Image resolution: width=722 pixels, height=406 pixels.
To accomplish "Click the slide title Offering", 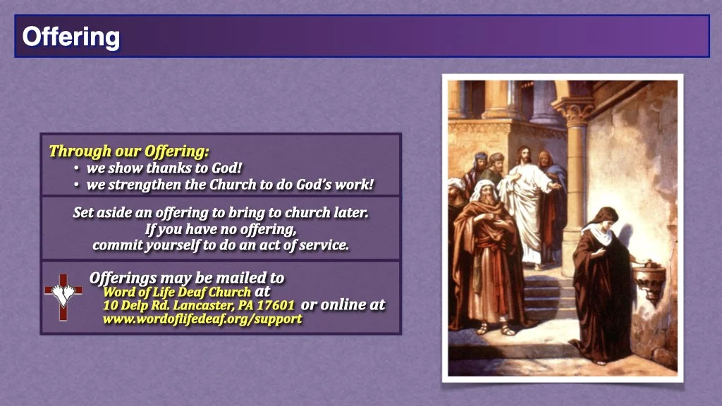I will (71, 37).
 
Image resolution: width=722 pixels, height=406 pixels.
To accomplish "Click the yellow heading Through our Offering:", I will (129, 151).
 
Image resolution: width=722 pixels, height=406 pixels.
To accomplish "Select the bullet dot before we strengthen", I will (76, 185).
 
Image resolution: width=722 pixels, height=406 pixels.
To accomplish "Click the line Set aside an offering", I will (221, 212).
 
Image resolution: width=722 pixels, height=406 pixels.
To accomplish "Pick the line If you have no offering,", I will (221, 229).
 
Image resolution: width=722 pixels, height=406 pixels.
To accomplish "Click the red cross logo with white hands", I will (63, 296).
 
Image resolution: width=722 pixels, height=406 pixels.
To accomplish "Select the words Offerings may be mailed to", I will (187, 278).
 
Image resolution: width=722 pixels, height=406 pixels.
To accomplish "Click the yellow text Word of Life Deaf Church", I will (176, 292).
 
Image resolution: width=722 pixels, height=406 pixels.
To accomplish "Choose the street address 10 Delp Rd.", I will (133, 305).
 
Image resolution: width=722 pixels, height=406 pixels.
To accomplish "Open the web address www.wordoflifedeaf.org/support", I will (202, 319).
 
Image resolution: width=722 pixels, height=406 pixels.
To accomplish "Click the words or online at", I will (343, 304).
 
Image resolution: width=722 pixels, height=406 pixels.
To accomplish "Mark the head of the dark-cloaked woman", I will (605, 219).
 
